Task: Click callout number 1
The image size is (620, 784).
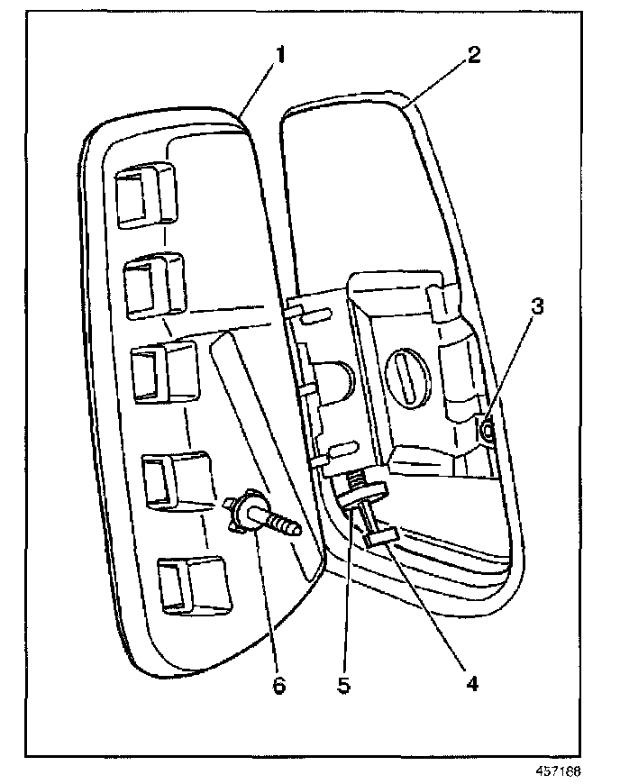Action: tap(280, 54)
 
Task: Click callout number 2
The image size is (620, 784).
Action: tap(474, 53)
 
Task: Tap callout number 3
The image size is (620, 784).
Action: tap(536, 306)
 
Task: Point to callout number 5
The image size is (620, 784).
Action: tap(343, 684)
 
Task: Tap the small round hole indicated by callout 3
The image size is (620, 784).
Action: tap(487, 433)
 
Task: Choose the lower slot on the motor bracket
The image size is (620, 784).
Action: tap(343, 448)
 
